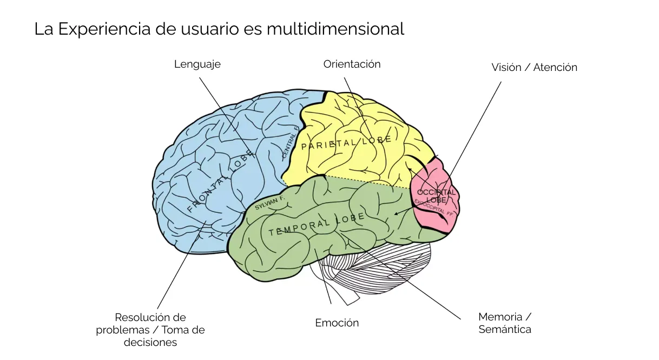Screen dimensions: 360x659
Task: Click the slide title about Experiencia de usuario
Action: pos(219,29)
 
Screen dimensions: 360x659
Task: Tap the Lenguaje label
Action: pos(197,64)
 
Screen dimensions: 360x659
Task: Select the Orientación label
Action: pos(352,64)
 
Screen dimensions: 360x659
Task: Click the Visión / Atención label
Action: pos(534,67)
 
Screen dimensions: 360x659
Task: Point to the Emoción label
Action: pos(337,323)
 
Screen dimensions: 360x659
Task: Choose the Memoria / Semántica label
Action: pos(504,323)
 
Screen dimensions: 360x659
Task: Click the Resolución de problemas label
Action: pos(150,330)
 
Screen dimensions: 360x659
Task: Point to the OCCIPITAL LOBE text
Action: pos(436,196)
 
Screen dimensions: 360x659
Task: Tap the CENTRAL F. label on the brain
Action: pos(290,143)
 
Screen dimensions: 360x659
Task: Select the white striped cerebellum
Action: pos(379,268)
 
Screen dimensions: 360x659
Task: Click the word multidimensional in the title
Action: pos(335,29)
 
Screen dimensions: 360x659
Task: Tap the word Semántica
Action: pos(504,329)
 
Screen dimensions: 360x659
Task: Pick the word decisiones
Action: pos(150,342)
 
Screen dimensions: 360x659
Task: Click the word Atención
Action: pos(555,67)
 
